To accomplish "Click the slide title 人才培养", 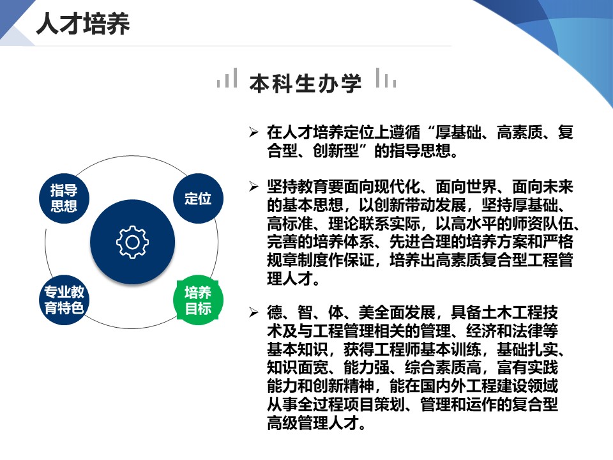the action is [82, 24].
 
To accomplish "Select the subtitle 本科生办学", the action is [305, 83].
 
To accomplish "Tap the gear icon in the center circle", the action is [133, 242].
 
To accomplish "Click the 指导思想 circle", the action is [64, 198].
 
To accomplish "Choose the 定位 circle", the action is [198, 198].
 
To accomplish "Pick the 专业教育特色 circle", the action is [64, 300].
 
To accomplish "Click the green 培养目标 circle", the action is [198, 300].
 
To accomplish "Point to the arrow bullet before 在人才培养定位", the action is [254, 132].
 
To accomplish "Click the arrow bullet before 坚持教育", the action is [254, 187].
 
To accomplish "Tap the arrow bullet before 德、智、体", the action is [254, 312].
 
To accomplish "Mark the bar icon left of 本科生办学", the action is [227, 77].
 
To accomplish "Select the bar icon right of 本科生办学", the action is [386, 77].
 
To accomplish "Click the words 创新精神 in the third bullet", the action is [344, 386].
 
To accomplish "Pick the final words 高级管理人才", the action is [313, 423].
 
